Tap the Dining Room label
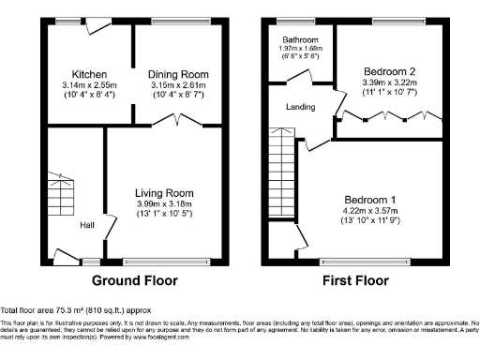180,74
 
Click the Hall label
85,225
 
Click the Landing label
302,106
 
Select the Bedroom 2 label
386,70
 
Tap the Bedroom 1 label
370,201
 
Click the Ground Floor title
136,280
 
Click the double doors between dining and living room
178,119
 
